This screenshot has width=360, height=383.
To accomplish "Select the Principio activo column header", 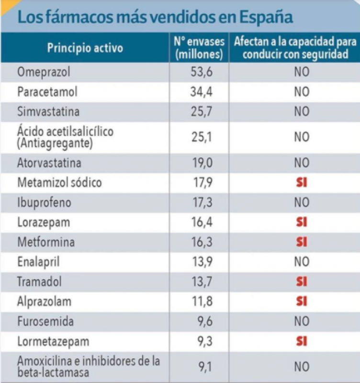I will tap(85, 48).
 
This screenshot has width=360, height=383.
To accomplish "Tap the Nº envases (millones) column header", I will tap(199, 48).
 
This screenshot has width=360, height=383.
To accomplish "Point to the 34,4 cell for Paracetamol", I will tap(200, 92).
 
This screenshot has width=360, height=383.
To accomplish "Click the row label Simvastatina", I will tap(48, 112).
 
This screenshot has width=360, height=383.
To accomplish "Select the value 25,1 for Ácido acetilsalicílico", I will tap(200, 137).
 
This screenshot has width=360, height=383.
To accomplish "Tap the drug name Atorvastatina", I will tap(49, 163).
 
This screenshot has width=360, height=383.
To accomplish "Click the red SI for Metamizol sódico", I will tap(302, 183).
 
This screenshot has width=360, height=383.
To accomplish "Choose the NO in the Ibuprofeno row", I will tap(302, 203).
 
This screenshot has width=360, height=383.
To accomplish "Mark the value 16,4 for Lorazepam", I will tap(200, 223).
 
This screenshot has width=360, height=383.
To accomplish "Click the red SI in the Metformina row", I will tap(302, 242).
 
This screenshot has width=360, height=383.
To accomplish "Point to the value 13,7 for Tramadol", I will tap(200, 282).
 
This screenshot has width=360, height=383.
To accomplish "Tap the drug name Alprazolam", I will tap(44, 302).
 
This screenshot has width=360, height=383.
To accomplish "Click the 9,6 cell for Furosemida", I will tap(200, 322).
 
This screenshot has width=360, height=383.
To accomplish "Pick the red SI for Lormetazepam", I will tap(302, 342).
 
